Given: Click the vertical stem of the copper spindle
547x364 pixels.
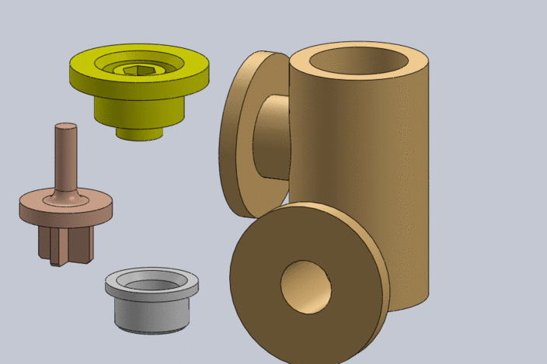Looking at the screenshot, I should coord(65,159).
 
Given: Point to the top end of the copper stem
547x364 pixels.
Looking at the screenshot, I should coord(65,127).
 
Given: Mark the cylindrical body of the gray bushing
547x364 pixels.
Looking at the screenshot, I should coord(152,314).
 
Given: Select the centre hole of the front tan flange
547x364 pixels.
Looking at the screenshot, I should coord(306,286).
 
